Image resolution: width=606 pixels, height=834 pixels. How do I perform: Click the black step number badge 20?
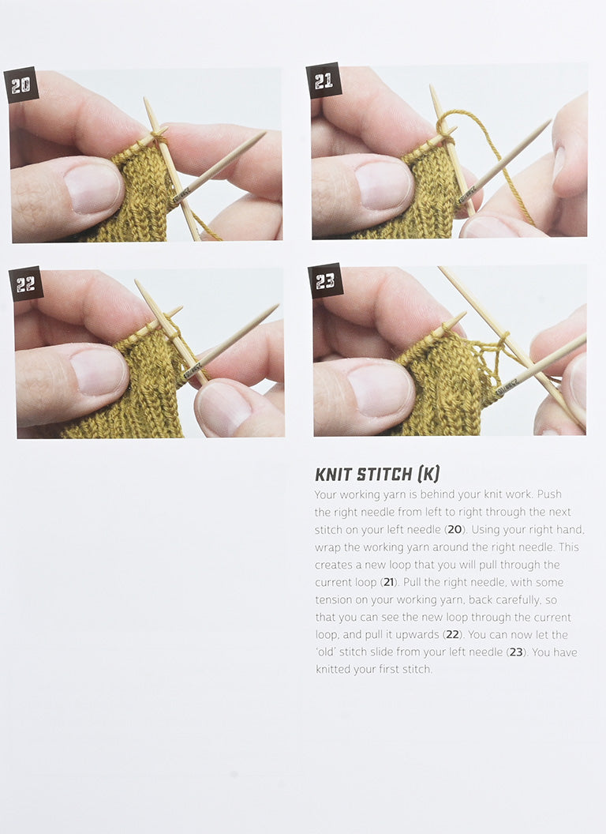click(21, 85)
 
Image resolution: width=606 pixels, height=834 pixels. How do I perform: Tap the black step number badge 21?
click(324, 81)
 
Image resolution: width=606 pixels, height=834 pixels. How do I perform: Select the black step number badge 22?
click(26, 284)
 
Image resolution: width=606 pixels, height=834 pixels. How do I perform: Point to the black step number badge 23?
click(325, 281)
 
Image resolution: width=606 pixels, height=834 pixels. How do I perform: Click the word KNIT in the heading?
click(333, 474)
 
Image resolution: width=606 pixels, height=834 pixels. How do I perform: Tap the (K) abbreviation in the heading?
click(428, 474)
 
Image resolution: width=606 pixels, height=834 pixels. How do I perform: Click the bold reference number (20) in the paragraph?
click(454, 530)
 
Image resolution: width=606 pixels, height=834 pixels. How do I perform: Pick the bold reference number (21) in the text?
click(388, 582)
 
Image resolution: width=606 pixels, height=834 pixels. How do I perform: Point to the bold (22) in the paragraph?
click(452, 635)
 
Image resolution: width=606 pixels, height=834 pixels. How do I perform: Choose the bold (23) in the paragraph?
click(516, 652)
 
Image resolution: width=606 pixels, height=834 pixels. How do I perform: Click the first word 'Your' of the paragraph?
click(325, 494)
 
